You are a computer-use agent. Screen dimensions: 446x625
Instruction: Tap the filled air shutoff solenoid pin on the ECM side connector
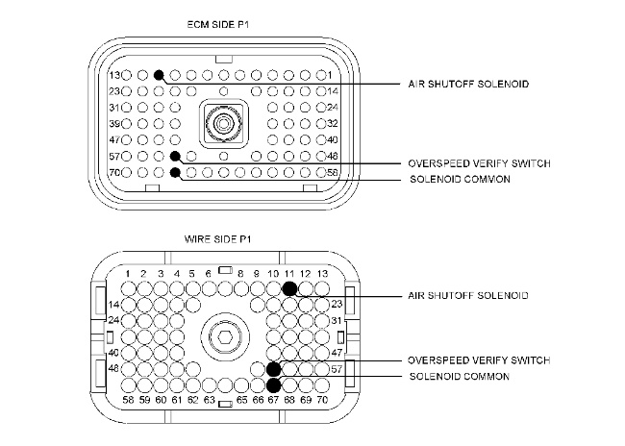[x=159, y=75]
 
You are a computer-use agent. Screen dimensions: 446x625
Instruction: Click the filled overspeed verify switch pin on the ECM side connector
[x=175, y=156]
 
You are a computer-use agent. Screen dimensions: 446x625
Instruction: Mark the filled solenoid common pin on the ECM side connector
[x=175, y=172]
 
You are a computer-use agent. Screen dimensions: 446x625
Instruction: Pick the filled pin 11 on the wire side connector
[x=288, y=288]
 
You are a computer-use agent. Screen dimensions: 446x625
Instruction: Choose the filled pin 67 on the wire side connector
[x=273, y=384]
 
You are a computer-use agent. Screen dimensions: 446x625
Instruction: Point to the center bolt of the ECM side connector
[x=223, y=123]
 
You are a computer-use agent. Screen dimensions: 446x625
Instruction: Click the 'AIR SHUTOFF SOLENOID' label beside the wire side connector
[x=466, y=296]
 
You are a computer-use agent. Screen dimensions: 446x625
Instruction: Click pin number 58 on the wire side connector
[x=129, y=384]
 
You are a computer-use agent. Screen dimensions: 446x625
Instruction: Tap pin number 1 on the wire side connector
[x=128, y=288]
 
